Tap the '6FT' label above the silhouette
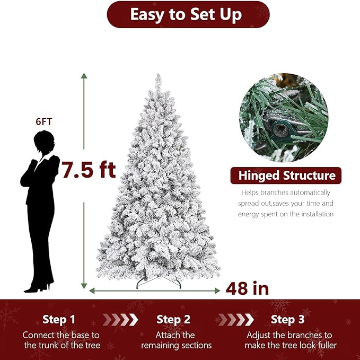(43, 122)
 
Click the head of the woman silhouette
(44, 142)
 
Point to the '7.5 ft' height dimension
(89, 170)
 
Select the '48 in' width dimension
(247, 289)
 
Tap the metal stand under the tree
(159, 282)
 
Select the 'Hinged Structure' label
(286, 175)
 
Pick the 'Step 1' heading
(59, 320)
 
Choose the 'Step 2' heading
(173, 320)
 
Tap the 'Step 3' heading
(287, 320)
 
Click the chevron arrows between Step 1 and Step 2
(120, 320)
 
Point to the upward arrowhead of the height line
(84, 75)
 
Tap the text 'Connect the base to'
(61, 335)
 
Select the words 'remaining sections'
(177, 346)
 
